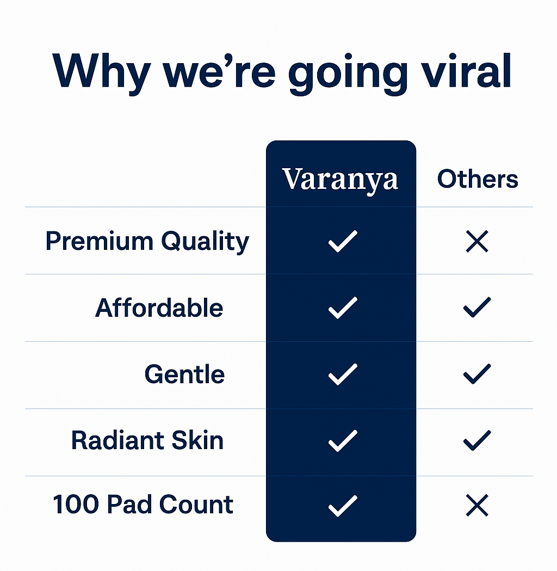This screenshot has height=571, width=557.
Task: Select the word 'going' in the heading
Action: (x=348, y=74)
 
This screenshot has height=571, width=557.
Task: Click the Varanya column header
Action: (x=341, y=179)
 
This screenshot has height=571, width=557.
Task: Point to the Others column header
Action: (x=478, y=179)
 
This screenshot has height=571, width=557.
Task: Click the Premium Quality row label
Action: (x=147, y=242)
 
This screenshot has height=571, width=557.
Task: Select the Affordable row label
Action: (x=159, y=308)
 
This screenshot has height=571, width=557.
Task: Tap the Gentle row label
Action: (x=184, y=374)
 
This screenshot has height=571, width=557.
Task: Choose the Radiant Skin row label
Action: (x=147, y=440)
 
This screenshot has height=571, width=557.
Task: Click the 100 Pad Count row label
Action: (x=143, y=505)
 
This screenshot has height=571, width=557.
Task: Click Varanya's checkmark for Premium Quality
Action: (x=343, y=242)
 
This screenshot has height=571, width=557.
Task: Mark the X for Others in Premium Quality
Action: (x=477, y=242)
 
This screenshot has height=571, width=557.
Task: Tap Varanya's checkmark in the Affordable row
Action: (x=343, y=308)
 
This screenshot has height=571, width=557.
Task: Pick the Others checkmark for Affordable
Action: (x=477, y=308)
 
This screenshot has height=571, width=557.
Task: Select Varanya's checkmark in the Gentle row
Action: (x=343, y=374)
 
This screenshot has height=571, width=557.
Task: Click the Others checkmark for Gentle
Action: (x=477, y=374)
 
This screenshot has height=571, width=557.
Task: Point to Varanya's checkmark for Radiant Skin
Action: (x=343, y=440)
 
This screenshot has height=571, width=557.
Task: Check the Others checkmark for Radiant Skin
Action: (x=477, y=440)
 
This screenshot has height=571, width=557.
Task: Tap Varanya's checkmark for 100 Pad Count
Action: (x=343, y=506)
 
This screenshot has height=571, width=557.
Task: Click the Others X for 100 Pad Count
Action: (x=477, y=506)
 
